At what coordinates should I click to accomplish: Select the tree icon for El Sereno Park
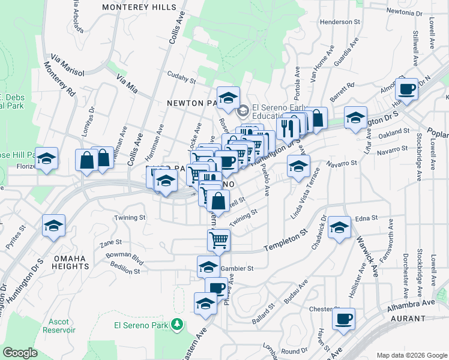pos(176,325)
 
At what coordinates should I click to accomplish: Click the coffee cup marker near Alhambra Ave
pos(343,319)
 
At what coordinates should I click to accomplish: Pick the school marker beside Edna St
pos(339,228)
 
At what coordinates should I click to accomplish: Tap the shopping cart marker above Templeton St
pos(219,239)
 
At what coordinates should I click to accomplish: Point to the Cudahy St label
pos(181,79)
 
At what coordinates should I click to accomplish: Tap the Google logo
pos(20,353)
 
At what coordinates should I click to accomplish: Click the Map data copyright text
pos(411,355)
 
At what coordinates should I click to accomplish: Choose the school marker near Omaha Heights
pos(53,227)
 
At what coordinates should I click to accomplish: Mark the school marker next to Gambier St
pos(208,266)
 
